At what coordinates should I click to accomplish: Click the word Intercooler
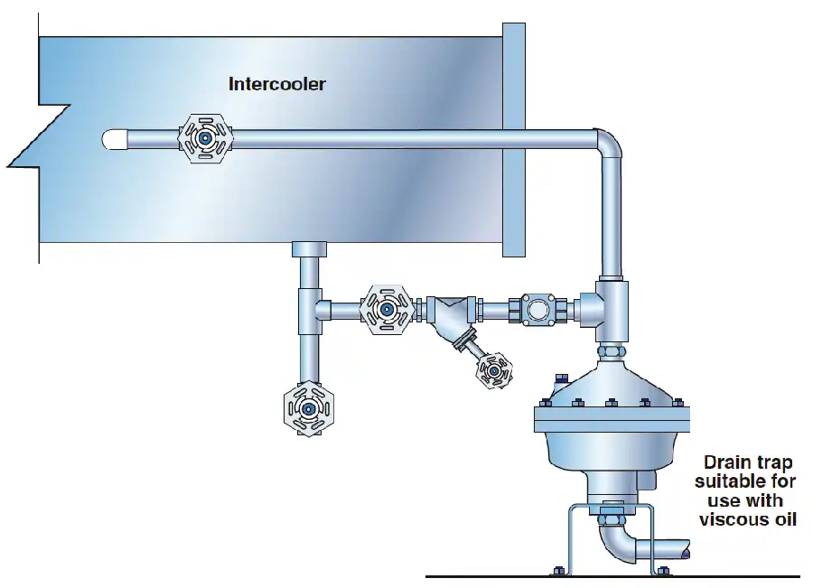[x=277, y=84]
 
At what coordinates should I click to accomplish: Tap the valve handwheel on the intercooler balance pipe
[x=205, y=138]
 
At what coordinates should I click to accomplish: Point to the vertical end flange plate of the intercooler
[x=514, y=140]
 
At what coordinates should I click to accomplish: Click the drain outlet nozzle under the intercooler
[x=309, y=249]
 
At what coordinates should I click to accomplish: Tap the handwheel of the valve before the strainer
[x=387, y=310]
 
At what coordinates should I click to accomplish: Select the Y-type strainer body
[x=450, y=317]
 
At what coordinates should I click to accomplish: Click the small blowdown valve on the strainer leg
[x=494, y=370]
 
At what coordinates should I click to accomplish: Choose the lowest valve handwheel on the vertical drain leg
[x=309, y=408]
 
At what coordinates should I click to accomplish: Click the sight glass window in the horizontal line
[x=537, y=310]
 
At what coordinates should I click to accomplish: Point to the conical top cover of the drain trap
[x=612, y=384]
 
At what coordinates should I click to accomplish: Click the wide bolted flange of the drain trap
[x=612, y=419]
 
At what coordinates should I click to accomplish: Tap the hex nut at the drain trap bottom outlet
[x=605, y=518]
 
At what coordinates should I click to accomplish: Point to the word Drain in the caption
[x=723, y=462]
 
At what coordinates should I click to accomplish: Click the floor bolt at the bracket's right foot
[x=663, y=571]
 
